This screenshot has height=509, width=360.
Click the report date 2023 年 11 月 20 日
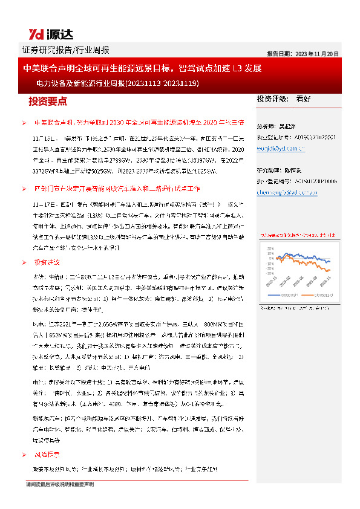tap(303, 53)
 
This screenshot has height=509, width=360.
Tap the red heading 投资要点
tap(48, 100)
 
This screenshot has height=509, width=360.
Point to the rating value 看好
tap(303, 99)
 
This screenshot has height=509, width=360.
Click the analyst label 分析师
tap(267, 126)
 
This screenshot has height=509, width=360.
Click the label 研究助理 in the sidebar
tap(269, 172)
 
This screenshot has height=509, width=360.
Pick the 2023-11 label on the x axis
tap(329, 286)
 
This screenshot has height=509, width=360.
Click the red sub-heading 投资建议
tap(47, 262)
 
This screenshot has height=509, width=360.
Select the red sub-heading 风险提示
tap(47, 455)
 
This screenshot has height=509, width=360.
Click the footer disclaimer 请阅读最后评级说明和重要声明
tap(60, 484)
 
